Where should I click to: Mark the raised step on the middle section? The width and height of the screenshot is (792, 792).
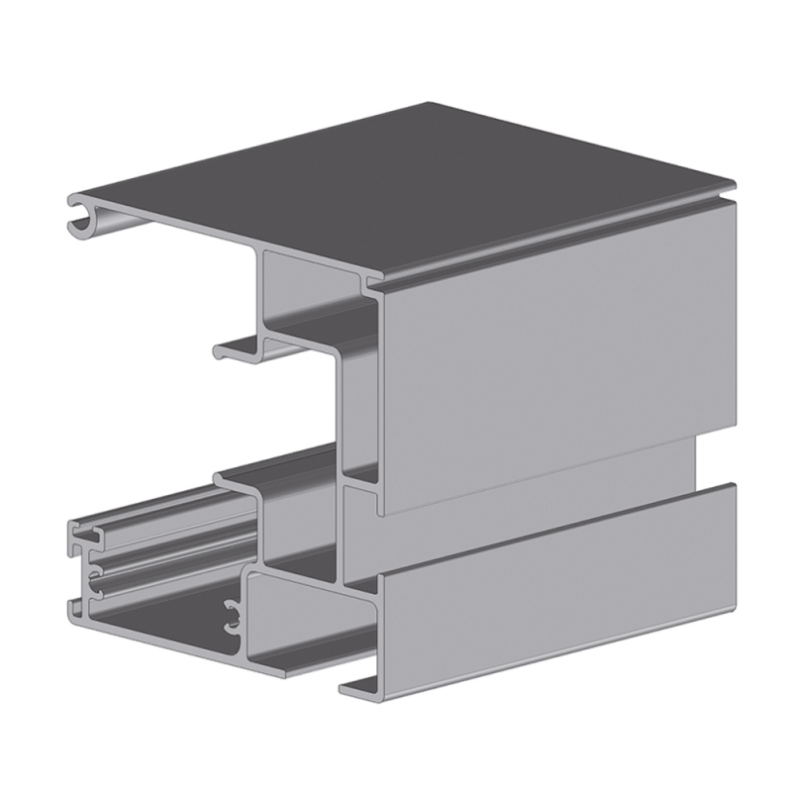point(243,480)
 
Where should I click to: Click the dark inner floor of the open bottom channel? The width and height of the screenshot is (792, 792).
point(158,614)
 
